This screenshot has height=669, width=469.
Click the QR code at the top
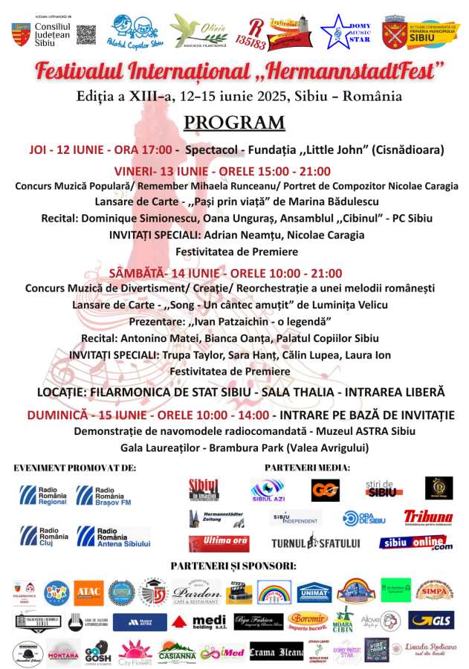click(x=87, y=34)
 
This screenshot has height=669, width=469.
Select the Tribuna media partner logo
click(x=427, y=517)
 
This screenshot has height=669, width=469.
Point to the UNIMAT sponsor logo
click(x=314, y=592)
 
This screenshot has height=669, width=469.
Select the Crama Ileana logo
click(x=276, y=653)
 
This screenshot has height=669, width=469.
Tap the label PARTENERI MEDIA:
click(x=307, y=467)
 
